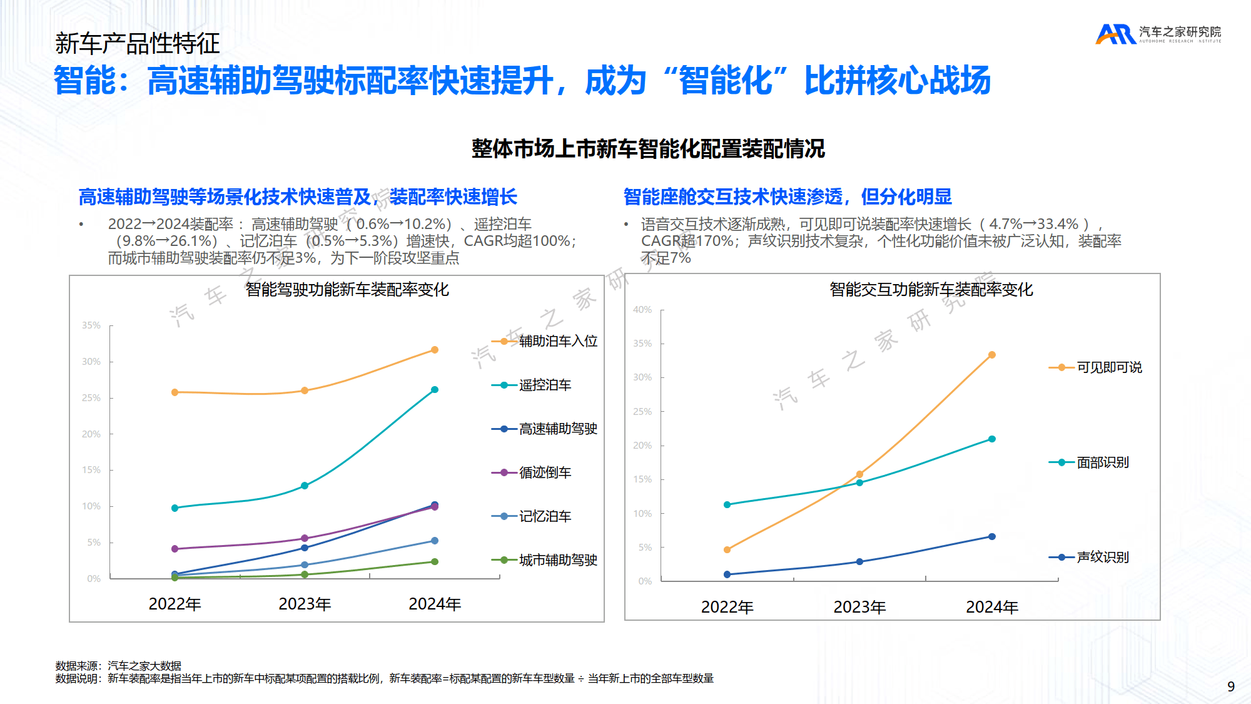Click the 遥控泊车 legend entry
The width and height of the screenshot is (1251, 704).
click(544, 385)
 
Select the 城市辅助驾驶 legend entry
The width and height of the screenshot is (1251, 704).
click(557, 560)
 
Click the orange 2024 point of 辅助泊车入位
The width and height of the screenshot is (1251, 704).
click(435, 350)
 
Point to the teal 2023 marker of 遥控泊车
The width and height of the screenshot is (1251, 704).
click(305, 486)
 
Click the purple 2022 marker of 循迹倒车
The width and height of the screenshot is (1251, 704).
click(175, 549)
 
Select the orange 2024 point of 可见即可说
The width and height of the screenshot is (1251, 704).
click(992, 355)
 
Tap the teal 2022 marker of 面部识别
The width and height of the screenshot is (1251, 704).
click(727, 504)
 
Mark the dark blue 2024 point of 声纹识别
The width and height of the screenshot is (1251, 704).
click(992, 536)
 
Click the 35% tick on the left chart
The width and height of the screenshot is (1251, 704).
click(91, 325)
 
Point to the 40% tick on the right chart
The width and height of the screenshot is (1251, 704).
click(642, 310)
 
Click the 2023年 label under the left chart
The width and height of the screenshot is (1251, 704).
click(305, 604)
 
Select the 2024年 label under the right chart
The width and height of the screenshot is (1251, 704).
click(992, 607)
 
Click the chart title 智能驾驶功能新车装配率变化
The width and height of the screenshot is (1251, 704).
click(347, 290)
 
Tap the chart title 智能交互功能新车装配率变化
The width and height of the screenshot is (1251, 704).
click(931, 290)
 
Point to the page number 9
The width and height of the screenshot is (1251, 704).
click(1231, 686)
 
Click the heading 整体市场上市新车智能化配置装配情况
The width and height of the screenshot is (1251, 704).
click(648, 149)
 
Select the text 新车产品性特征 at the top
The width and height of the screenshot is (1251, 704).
click(138, 43)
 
